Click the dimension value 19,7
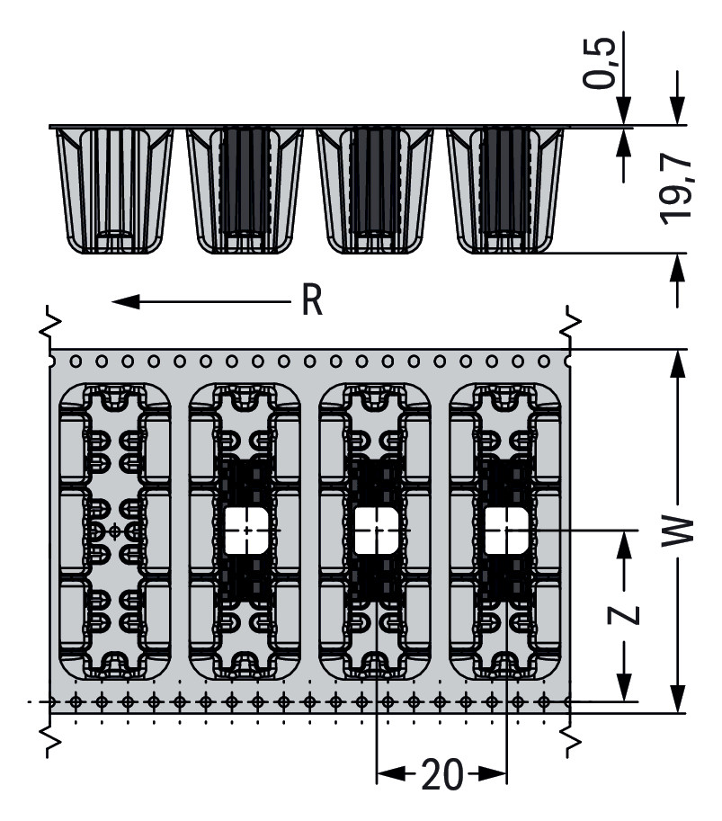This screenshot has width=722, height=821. point(673,188)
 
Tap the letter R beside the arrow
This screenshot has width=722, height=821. point(311,302)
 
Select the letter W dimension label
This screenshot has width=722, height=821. point(682,530)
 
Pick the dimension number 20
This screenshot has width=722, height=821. point(441,774)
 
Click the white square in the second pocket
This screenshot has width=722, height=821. point(245,530)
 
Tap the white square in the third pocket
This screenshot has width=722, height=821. point(375,530)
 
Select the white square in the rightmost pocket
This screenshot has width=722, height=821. point(505,530)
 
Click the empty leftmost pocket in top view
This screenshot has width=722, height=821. point(114,531)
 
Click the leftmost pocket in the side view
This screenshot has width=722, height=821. point(114,190)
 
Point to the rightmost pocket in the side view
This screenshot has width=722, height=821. point(505,190)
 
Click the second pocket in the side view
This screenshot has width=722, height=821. point(245,190)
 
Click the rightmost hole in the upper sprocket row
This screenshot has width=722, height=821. point(544,361)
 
